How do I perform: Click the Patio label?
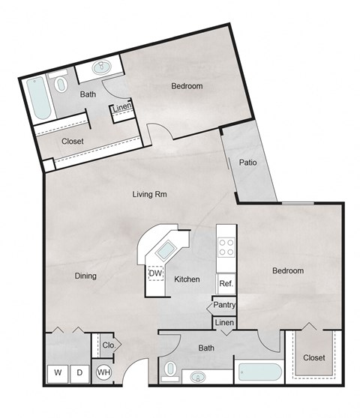tap(249, 162)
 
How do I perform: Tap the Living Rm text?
tap(149, 195)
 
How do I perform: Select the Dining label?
tap(85, 276)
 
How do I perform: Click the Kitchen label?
tap(187, 279)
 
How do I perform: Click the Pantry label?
tap(224, 305)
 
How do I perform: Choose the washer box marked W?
tap(57, 372)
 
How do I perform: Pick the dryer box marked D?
tap(79, 372)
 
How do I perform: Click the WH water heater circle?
tap(103, 372)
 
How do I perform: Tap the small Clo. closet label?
tap(107, 346)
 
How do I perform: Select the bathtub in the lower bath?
tap(258, 372)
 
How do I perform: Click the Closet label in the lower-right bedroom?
tap(314, 357)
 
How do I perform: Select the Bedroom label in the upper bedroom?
tap(187, 86)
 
